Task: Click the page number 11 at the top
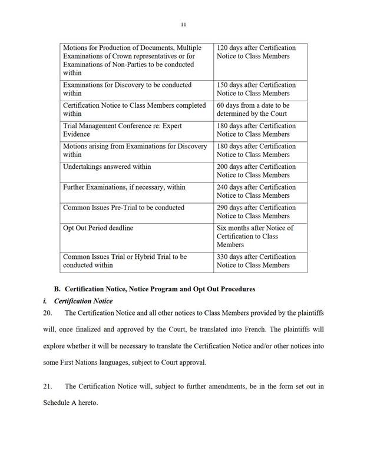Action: coord(183,25)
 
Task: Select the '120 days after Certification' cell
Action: coord(256,52)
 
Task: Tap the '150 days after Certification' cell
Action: coord(256,89)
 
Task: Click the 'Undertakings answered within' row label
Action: coord(107,167)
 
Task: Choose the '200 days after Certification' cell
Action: coord(256,171)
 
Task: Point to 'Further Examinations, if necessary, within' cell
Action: coord(124,188)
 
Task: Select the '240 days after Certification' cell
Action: coord(256,191)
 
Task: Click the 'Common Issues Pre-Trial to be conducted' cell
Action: coord(123,208)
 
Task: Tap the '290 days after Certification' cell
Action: coord(256,212)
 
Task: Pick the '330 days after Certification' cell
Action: coord(256,261)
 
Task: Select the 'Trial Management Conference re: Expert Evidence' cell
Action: coord(122,130)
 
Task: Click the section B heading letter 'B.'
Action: coord(57,290)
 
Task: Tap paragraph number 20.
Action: coord(48,313)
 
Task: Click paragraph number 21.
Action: coord(48,387)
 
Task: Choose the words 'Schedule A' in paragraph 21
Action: coord(64,403)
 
